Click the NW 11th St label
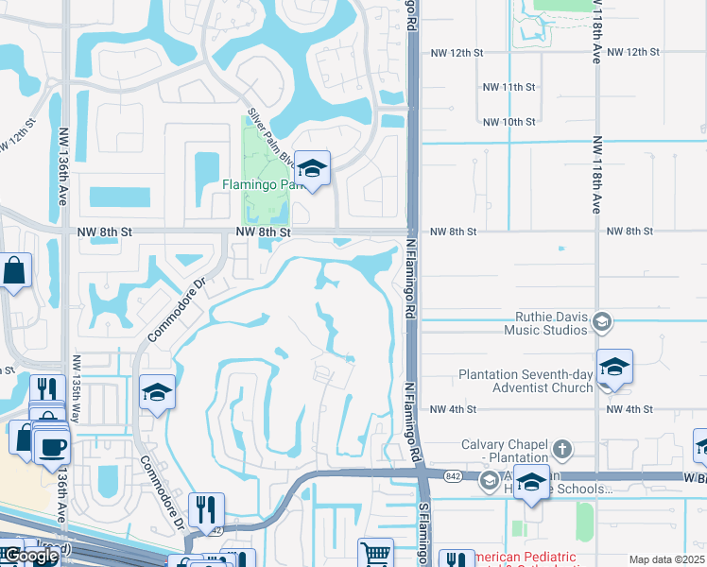509,87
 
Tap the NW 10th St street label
509,122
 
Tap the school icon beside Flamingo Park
312,169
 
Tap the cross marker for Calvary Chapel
562,448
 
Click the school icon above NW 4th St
614,367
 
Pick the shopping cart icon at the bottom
375,554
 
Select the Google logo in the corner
30,556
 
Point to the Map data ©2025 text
666,559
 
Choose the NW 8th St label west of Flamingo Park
262,232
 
